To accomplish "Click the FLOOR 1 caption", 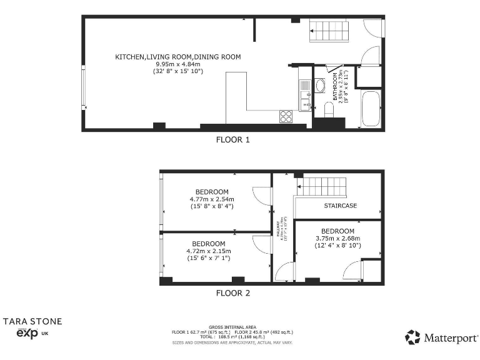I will (x=232, y=140).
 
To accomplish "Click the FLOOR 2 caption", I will (x=232, y=292).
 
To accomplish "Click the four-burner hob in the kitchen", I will (x=286, y=116).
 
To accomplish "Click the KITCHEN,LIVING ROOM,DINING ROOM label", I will (x=177, y=57).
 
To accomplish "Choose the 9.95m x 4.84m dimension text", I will (x=177, y=64).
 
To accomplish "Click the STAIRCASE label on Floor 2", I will (x=340, y=205).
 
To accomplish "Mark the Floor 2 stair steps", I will (x=324, y=186).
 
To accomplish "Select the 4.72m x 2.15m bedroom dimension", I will (x=208, y=251).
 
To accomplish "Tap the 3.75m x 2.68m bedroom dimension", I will (x=337, y=237).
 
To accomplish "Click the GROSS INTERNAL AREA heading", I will (x=232, y=327).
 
